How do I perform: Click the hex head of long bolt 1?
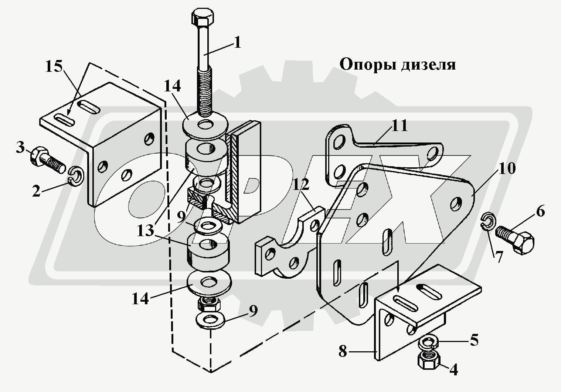[x=203, y=17]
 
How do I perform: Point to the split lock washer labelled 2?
[x=76, y=177]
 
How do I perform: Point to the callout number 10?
[x=506, y=168]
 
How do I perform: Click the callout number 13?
[x=145, y=230]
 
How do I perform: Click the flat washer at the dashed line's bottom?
[x=210, y=320]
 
